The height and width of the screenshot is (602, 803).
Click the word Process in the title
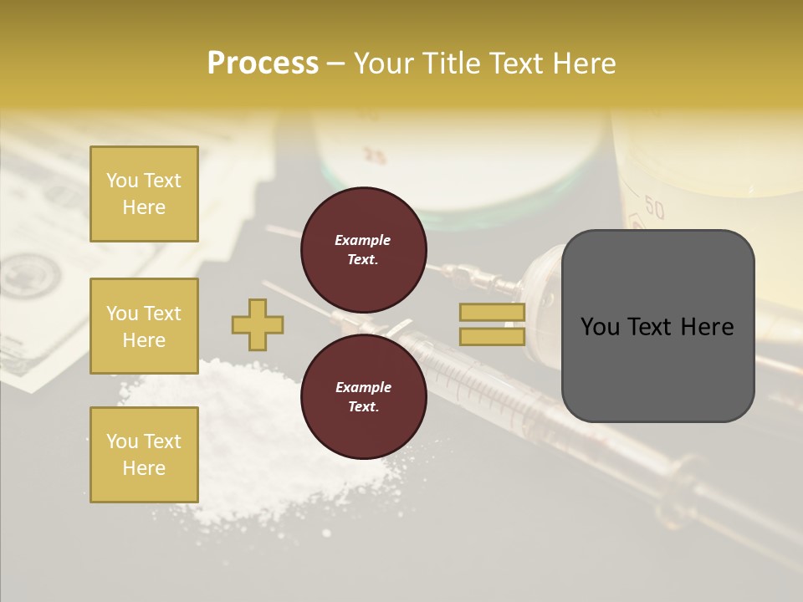point(263,64)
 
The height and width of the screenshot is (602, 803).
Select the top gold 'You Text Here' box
point(144,194)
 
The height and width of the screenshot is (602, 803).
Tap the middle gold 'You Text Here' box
point(144,326)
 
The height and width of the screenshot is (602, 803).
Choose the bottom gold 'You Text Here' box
point(144,455)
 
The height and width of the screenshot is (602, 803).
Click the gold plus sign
point(258,325)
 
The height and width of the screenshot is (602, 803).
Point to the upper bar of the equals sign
point(492,313)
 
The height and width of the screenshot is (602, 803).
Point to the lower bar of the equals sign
point(492,336)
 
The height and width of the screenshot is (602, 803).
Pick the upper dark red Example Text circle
point(363,249)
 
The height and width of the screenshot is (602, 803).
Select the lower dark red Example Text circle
point(363,396)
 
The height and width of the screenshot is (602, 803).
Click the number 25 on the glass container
point(375,156)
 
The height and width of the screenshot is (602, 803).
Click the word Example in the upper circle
point(363,240)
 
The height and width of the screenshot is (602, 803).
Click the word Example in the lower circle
point(363,387)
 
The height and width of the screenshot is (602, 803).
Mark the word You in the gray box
point(600,327)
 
